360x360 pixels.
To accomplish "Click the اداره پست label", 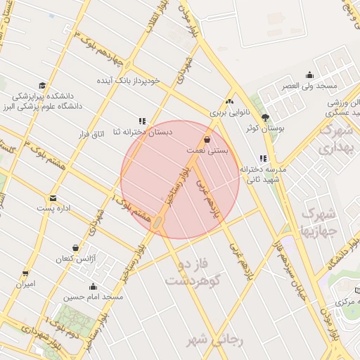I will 53,210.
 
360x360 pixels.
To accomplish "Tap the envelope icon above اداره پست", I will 53,198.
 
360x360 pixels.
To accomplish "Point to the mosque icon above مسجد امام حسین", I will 93,286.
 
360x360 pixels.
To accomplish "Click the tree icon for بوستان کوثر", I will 265,117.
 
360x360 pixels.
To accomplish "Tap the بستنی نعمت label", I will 206,150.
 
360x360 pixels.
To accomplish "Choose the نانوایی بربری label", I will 229,112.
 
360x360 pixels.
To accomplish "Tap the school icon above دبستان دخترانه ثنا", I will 142,120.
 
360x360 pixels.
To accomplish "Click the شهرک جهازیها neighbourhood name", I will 320,219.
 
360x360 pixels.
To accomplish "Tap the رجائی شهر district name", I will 214,340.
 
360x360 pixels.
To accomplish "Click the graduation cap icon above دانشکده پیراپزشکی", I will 43,84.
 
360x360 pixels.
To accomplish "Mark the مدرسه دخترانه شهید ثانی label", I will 264,174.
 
